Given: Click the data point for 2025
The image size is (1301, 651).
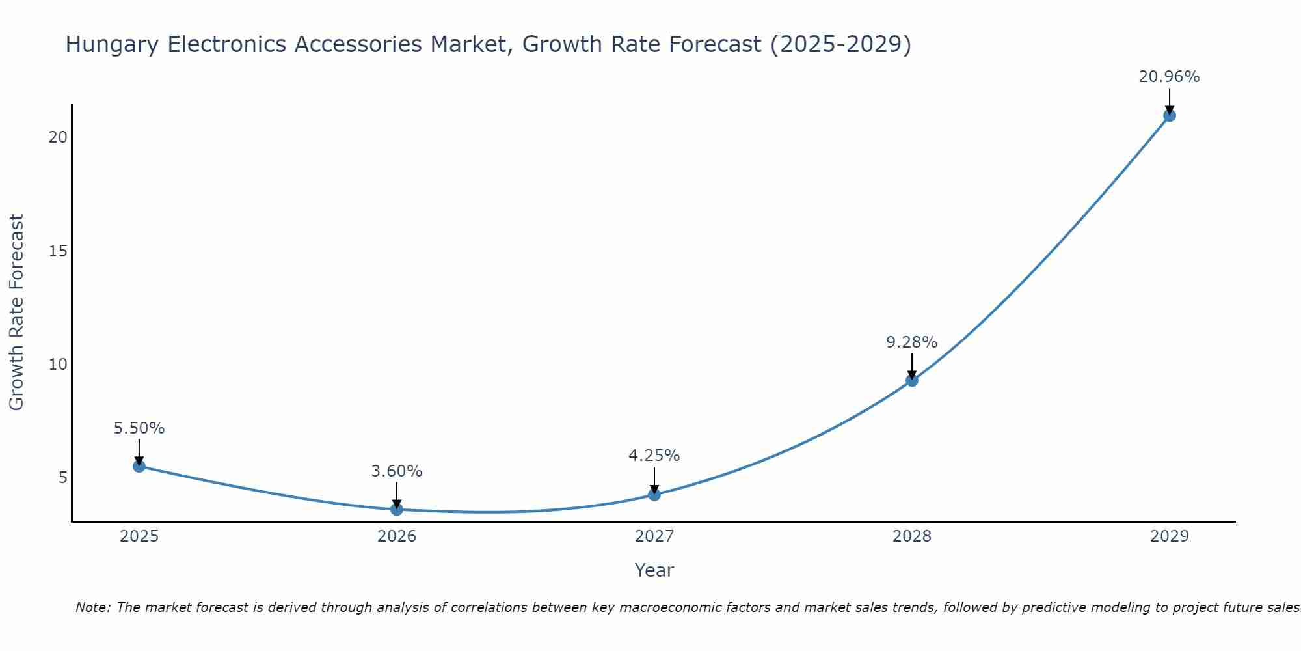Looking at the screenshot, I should point(139,466).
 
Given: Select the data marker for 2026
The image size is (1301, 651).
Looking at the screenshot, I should point(397,509).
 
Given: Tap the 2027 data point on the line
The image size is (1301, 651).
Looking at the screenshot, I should point(654,495).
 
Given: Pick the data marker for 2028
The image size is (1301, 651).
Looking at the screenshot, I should point(912,380).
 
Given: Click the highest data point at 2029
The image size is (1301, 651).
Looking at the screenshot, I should point(1170,116).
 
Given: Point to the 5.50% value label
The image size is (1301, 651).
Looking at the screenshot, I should point(139,428).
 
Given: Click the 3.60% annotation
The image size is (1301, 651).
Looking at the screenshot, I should point(397,471).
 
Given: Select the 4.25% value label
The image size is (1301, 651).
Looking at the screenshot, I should point(654,456).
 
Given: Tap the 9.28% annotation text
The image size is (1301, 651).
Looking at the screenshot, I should point(912,342).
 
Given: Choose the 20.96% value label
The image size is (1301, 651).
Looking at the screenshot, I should point(1169,77).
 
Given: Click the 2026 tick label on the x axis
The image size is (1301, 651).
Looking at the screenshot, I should point(397,536).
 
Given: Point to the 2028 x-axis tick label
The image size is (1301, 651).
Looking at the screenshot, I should point(912,536).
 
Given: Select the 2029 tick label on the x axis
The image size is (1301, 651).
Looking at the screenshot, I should point(1170,536).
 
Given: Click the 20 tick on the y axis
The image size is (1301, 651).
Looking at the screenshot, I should point(59,137).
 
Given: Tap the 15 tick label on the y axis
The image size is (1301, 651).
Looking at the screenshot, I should point(59,251).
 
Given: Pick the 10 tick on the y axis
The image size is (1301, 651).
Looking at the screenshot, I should point(59,364).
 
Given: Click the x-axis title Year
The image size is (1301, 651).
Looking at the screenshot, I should point(654,570).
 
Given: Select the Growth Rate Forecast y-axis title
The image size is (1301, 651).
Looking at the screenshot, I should point(17,312).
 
